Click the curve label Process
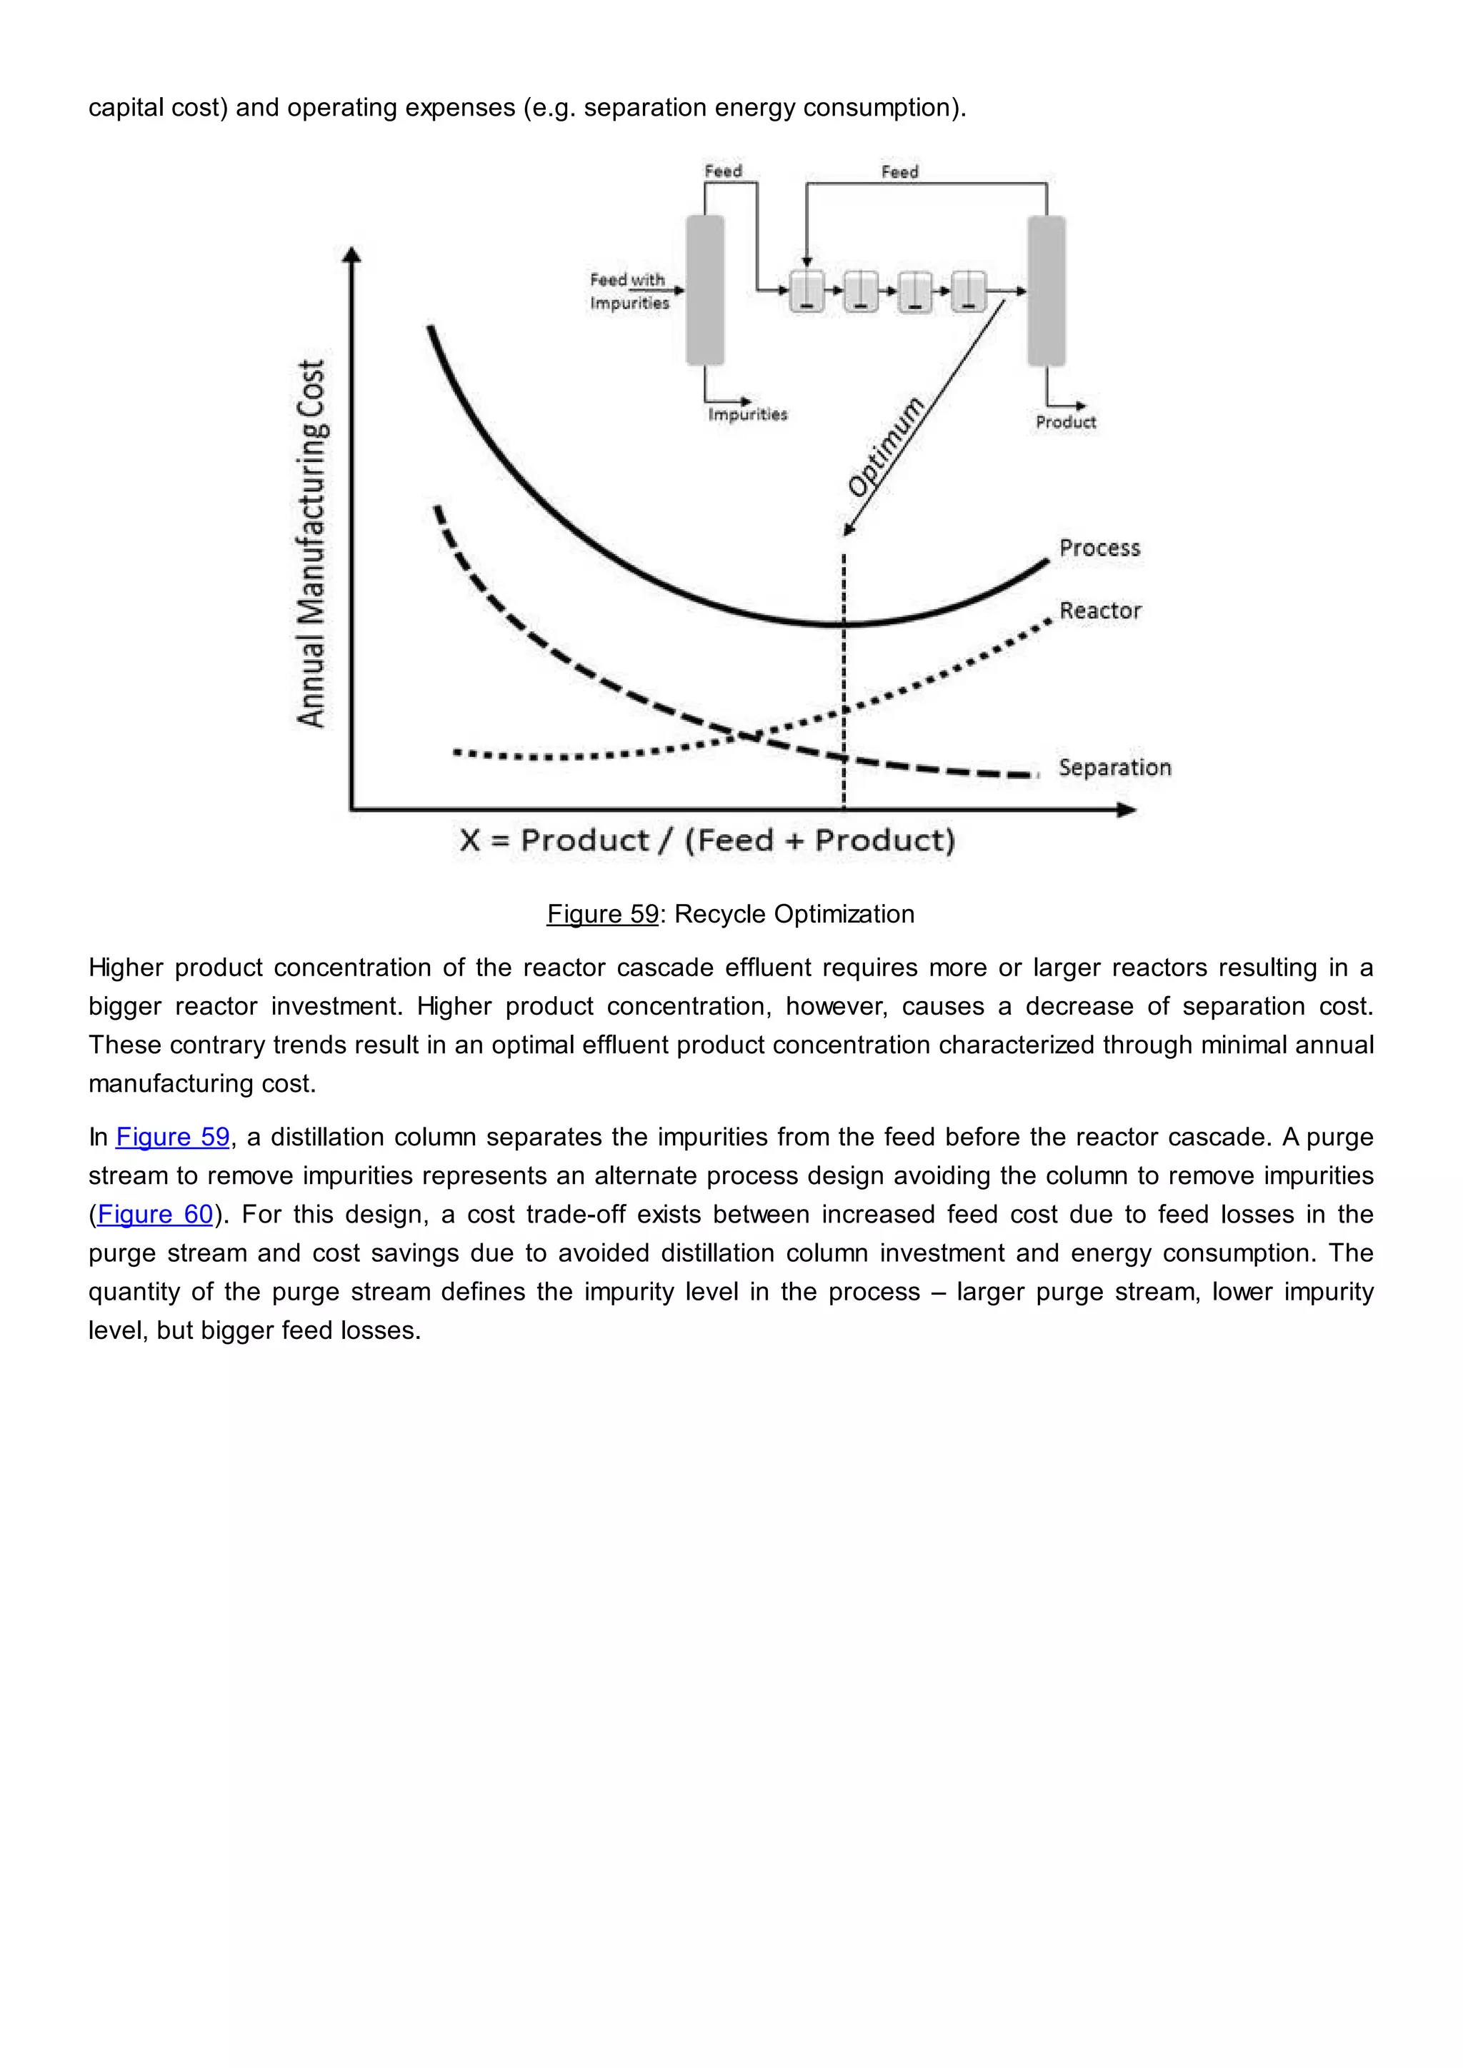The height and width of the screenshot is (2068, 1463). click(x=1099, y=548)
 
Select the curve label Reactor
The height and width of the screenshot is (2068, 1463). click(x=1099, y=611)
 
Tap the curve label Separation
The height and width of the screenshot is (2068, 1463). click(x=1114, y=768)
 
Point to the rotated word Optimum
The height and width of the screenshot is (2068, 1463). click(x=886, y=447)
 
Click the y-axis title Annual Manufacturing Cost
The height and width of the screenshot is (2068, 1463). click(x=311, y=543)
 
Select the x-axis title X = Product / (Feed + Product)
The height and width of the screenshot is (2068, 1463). click(x=707, y=840)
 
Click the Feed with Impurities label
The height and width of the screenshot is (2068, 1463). click(x=629, y=291)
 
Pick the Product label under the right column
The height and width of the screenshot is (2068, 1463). click(x=1065, y=421)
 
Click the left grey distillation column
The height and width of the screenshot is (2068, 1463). click(x=704, y=290)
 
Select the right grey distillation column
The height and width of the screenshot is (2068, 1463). click(x=1046, y=290)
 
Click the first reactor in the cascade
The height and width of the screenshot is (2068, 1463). click(x=807, y=290)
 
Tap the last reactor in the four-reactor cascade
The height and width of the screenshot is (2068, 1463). click(x=969, y=290)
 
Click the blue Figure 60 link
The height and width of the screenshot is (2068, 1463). click(x=155, y=1214)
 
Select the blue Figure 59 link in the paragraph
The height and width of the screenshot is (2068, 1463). click(x=172, y=1137)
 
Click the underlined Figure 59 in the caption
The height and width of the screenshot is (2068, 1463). click(x=603, y=914)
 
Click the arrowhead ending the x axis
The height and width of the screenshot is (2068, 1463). click(x=1127, y=810)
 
